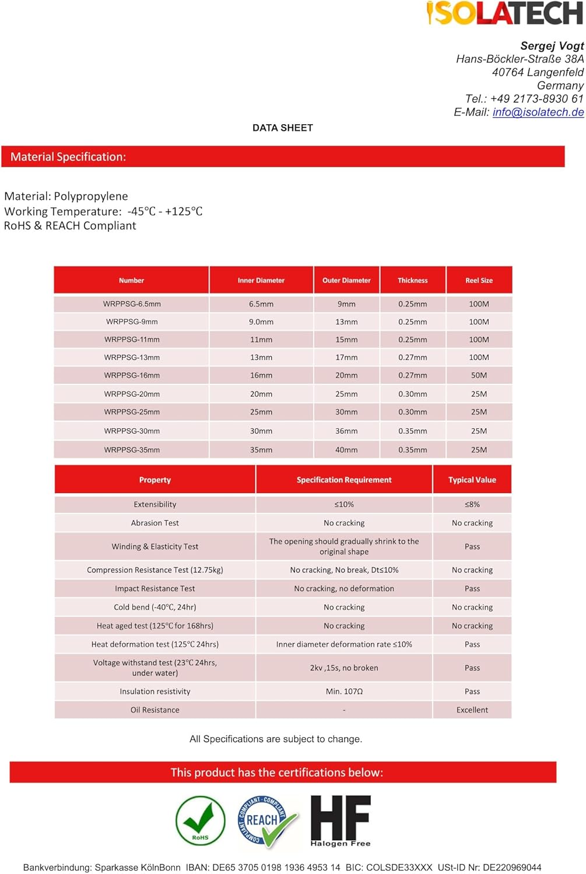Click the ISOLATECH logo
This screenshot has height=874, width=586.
coord(504,13)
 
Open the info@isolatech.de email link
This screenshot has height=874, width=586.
coord(538,112)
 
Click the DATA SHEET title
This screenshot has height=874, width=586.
coord(283,128)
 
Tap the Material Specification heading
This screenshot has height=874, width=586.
coord(68,157)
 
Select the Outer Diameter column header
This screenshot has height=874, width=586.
coord(346,280)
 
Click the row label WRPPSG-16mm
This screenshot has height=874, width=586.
coord(132,375)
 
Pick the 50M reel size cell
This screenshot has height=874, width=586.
coord(479,375)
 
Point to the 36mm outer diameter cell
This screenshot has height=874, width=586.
coord(346,431)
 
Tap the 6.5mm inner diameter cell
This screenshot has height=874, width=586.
coord(261,304)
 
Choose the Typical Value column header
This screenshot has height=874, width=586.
coord(472,480)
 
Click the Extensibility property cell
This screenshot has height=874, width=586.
coord(155,504)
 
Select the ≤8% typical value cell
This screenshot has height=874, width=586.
coord(472,504)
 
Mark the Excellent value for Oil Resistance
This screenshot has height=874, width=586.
coord(472,710)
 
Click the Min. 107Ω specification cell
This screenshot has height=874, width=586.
coord(344,691)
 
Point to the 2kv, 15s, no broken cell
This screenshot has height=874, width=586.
coord(344,668)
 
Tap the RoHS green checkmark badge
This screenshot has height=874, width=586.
coord(201,820)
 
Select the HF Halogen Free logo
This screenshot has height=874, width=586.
coord(341,820)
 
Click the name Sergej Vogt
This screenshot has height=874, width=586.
coord(552,45)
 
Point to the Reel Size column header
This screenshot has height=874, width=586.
coord(479,280)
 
